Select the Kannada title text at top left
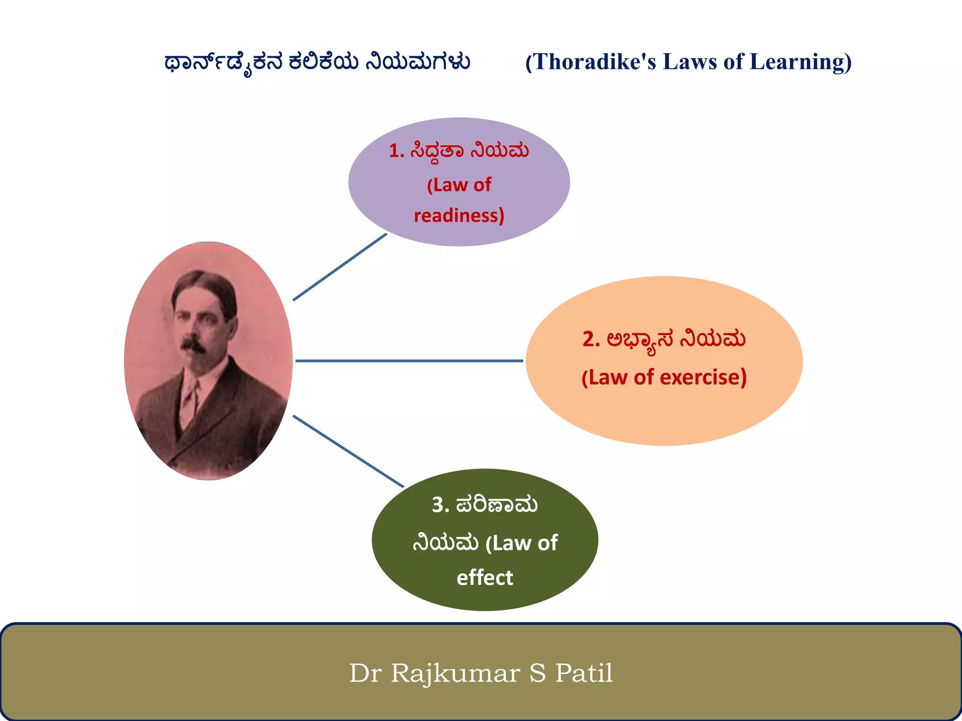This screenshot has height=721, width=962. [x=317, y=62]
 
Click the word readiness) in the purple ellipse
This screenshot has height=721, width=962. [x=459, y=215]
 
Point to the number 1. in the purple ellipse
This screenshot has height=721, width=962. [x=396, y=151]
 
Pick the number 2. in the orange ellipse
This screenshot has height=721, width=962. [x=591, y=339]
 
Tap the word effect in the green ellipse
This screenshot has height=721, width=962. [x=485, y=577]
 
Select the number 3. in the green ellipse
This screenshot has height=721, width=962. [x=440, y=505]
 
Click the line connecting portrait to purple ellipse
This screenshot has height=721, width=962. [x=340, y=267]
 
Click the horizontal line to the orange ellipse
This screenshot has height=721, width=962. [x=409, y=360]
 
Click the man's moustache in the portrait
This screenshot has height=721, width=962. [x=193, y=344]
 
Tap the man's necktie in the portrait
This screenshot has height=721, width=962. [x=190, y=399]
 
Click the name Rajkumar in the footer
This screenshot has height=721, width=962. [x=455, y=673]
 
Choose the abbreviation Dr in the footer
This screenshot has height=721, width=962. [x=365, y=673]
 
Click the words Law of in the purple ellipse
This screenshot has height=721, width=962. [x=459, y=185]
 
